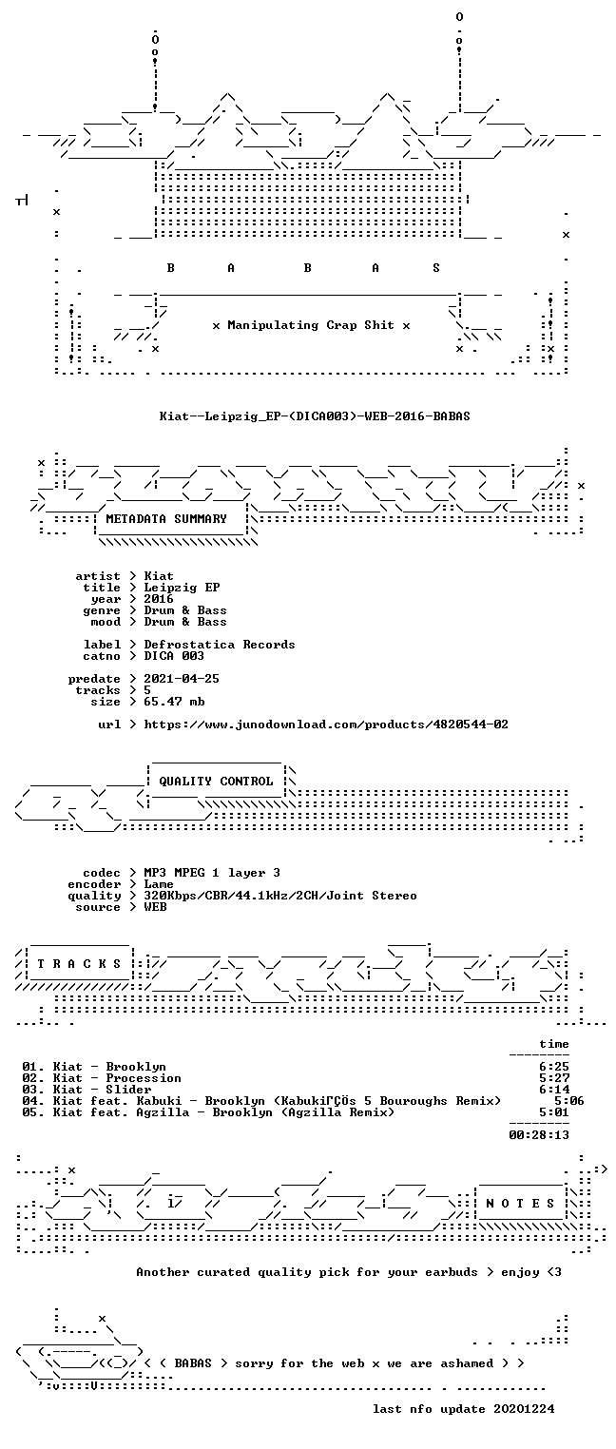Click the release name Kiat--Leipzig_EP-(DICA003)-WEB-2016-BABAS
point(315,416)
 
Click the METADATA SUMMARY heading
point(166,519)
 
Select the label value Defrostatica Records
point(220,645)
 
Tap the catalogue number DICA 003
point(174,656)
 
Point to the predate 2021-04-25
point(182,679)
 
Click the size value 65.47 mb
point(174,702)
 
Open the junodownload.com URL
point(325,724)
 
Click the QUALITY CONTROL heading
point(216,782)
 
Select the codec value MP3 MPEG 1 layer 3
point(212,873)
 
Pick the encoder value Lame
point(159,884)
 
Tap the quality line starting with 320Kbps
point(280,896)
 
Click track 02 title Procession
point(143,1078)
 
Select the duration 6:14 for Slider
point(554,1090)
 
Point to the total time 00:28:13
point(539,1135)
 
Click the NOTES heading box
point(520,1204)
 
